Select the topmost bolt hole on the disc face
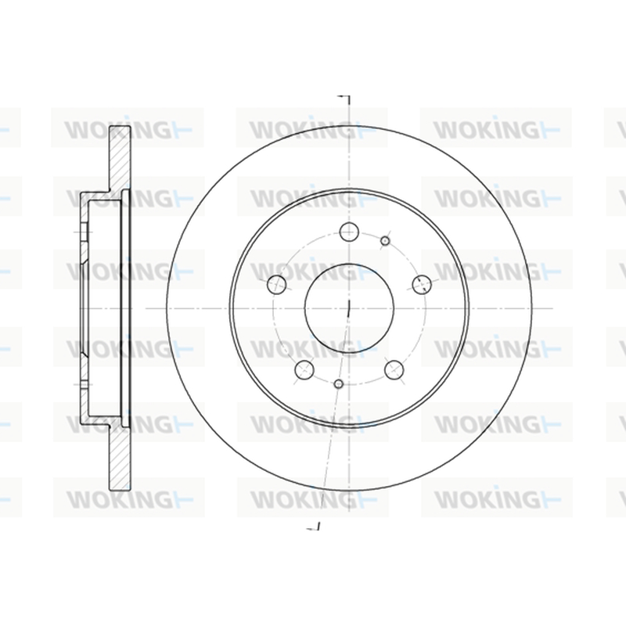[349, 232]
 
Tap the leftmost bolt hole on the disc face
[276, 284]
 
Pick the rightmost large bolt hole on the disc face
[422, 284]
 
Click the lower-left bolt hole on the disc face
[304, 369]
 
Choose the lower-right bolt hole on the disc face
[394, 369]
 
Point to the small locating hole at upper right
[385, 241]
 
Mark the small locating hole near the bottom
[339, 384]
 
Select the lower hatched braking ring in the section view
[120, 458]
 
